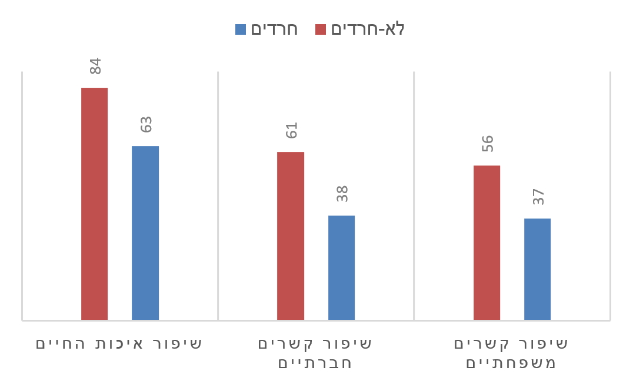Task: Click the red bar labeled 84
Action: tap(94, 203)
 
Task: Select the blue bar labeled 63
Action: tap(145, 233)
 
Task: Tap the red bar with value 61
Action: tap(291, 236)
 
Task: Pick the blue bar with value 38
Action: tap(341, 267)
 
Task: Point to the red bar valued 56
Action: tap(487, 242)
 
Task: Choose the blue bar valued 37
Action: tap(537, 269)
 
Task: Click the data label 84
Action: tap(95, 66)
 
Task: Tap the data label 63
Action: tap(146, 124)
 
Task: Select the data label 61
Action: tap(291, 130)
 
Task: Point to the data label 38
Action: tap(342, 194)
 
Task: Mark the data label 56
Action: tap(487, 144)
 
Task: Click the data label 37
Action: tap(538, 197)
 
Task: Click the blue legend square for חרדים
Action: tap(241, 29)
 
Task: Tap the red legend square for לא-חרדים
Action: tap(321, 29)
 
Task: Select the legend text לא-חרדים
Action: tap(368, 29)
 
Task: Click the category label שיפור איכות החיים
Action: tap(119, 343)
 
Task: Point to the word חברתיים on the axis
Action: tap(315, 362)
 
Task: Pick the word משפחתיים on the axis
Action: tap(511, 362)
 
